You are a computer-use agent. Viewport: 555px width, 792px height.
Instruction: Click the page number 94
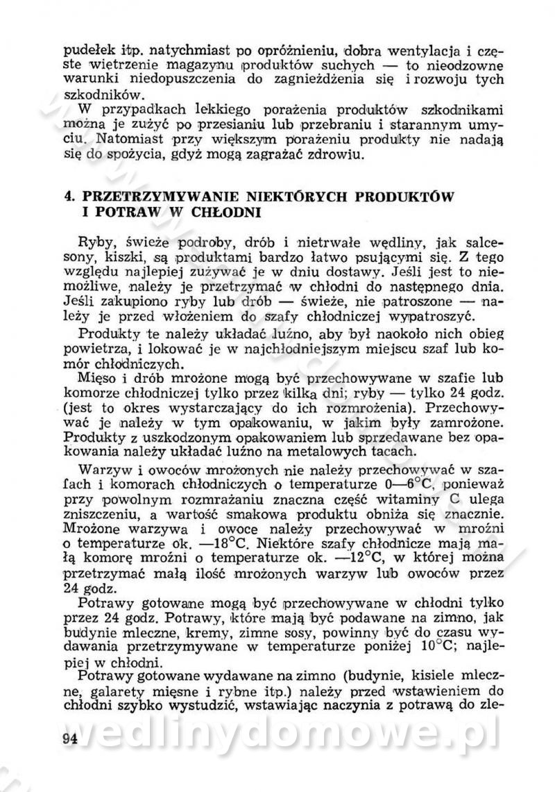[x=69, y=738]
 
